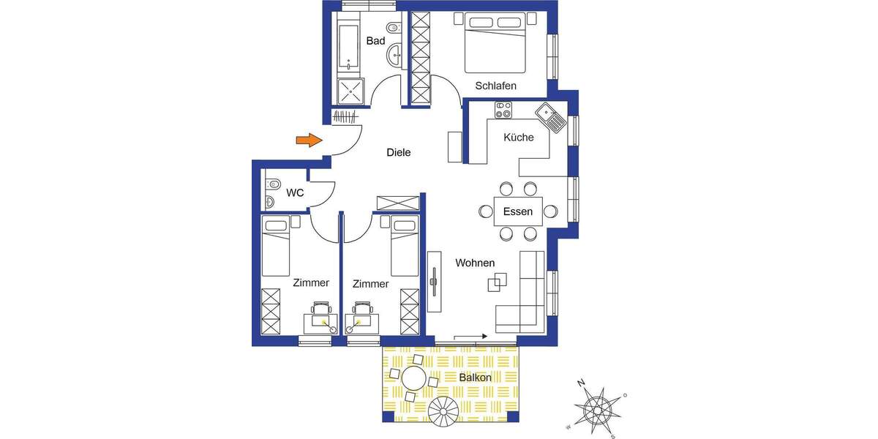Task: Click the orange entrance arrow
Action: pyautogui.click(x=309, y=140)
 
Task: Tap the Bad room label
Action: pyautogui.click(x=375, y=41)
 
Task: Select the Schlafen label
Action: pyautogui.click(x=495, y=86)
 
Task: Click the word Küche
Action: pyautogui.click(x=519, y=137)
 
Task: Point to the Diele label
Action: pyautogui.click(x=399, y=153)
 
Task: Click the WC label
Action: pyautogui.click(x=295, y=193)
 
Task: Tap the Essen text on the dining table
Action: pyautogui.click(x=518, y=212)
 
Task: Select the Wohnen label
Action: pyautogui.click(x=475, y=263)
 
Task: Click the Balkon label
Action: pyautogui.click(x=475, y=378)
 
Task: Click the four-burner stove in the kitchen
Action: pyautogui.click(x=503, y=110)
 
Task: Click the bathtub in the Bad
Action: pyautogui.click(x=349, y=43)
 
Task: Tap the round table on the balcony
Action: pyautogui.click(x=415, y=379)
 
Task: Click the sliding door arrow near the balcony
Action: pyautogui.click(x=471, y=337)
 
